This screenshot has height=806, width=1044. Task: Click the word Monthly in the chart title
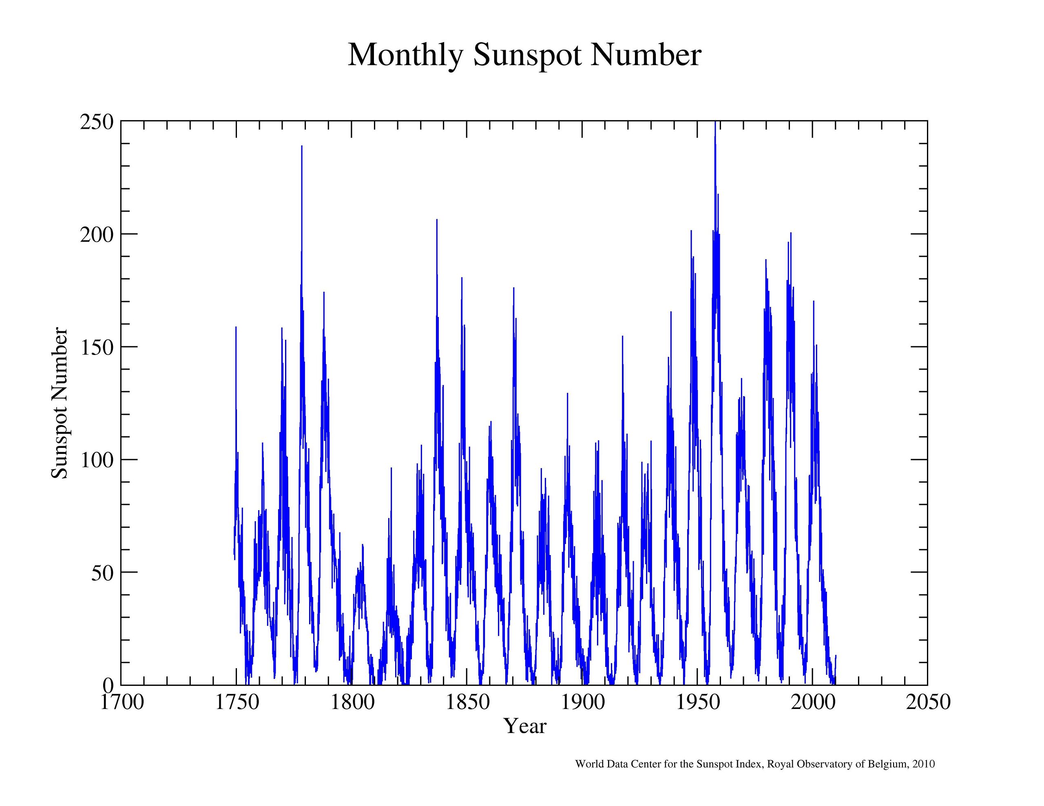pyautogui.click(x=405, y=55)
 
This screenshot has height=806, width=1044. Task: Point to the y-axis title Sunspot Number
pyautogui.click(x=60, y=403)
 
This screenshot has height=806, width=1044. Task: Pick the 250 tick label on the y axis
pyautogui.click(x=97, y=122)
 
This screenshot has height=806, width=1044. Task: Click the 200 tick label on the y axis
pyautogui.click(x=97, y=235)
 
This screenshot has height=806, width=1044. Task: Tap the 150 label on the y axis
pyautogui.click(x=97, y=347)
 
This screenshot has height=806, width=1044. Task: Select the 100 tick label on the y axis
pyautogui.click(x=97, y=460)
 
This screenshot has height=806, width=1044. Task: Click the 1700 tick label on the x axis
pyautogui.click(x=122, y=702)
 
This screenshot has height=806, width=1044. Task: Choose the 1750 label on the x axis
pyautogui.click(x=237, y=702)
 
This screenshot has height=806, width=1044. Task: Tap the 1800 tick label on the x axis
pyautogui.click(x=352, y=702)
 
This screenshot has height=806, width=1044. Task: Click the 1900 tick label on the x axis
pyautogui.click(x=583, y=702)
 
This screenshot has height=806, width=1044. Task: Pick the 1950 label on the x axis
pyautogui.click(x=698, y=702)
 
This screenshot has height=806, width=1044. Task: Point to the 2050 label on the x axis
pyautogui.click(x=928, y=702)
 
